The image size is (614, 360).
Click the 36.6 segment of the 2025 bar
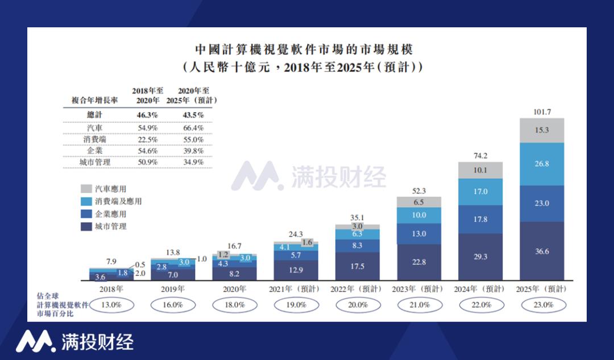click(542, 251)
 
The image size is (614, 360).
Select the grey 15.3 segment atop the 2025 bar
click(542, 130)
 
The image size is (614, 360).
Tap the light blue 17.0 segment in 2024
click(480, 192)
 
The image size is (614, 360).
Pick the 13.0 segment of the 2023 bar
click(419, 234)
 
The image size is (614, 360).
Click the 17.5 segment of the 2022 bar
click(358, 266)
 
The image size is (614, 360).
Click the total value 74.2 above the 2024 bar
click(480, 155)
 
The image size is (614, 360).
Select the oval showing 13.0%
click(111, 305)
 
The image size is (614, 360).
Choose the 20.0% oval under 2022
click(358, 305)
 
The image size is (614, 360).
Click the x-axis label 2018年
click(111, 289)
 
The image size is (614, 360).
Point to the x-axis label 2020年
click(234, 289)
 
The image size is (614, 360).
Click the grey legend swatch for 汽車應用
click(86, 189)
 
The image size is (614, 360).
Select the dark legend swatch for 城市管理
click(86, 226)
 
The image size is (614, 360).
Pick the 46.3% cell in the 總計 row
click(147, 115)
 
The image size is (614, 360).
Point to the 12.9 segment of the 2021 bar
click(296, 270)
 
